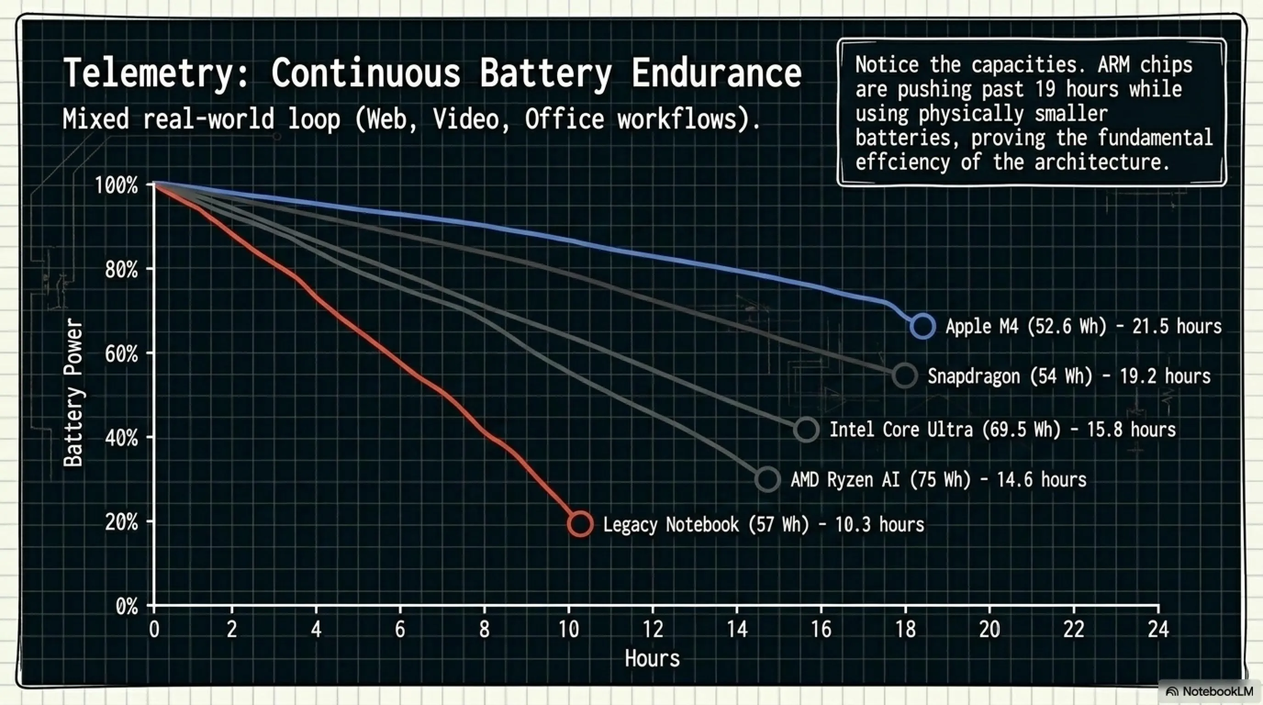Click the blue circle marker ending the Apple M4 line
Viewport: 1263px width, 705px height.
[x=923, y=326]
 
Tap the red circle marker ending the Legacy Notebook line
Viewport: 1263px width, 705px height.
[x=580, y=524]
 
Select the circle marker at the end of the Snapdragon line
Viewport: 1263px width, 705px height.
[x=905, y=376]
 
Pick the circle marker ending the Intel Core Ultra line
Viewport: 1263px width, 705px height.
[x=806, y=430]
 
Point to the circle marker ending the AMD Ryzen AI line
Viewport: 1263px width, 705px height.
[x=768, y=479]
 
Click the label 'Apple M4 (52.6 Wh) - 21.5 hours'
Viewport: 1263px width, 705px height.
[x=1084, y=326]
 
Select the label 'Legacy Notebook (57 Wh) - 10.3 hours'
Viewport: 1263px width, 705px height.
[x=763, y=525]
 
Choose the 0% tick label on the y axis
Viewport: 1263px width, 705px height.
[x=127, y=607]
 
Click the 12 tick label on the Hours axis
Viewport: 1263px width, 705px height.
[x=653, y=629]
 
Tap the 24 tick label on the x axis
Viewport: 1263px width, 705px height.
[x=1158, y=629]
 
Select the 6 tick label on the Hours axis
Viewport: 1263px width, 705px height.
[x=400, y=629]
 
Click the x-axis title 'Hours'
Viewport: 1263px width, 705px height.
[x=652, y=659]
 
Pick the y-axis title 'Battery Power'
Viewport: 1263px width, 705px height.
[x=73, y=392]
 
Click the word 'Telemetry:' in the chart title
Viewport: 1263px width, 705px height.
[x=156, y=73]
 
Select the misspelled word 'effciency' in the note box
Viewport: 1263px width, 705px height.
[x=903, y=162]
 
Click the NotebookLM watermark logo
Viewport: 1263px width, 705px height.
[x=1172, y=692]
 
